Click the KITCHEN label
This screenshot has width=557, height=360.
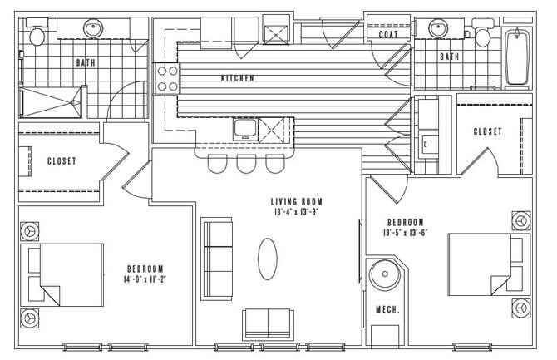coord(237,78)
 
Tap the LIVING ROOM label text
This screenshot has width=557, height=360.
coord(296,202)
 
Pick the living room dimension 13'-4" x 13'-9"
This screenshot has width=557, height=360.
coord(296,214)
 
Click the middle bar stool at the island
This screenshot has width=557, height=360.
coord(245,163)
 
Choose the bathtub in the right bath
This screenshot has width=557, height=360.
coord(517,58)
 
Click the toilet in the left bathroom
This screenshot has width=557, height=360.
coord(36,36)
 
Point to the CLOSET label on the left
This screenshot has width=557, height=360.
coord(62,160)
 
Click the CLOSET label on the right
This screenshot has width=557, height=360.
coord(487,131)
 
